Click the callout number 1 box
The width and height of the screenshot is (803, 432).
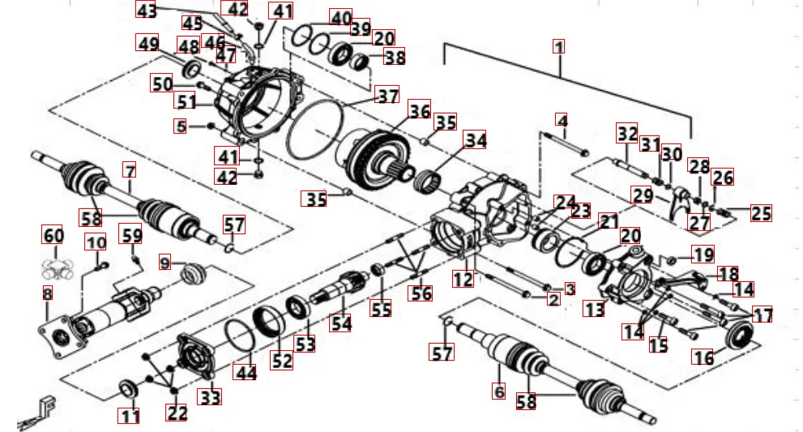558,46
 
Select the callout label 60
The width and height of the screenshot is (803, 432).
53,236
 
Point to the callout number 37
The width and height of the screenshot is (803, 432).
388,96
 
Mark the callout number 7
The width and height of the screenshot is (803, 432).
130,171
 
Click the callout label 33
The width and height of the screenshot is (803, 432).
211,397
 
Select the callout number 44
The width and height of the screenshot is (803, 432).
244,372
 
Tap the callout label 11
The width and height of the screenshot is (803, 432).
130,416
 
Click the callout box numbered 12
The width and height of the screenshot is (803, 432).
463,280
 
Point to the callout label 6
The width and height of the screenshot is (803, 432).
499,391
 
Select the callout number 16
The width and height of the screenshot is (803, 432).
702,357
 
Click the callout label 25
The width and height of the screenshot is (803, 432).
760,213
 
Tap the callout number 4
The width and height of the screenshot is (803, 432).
562,122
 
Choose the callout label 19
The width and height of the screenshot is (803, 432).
703,254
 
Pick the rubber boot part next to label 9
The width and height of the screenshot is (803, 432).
192,274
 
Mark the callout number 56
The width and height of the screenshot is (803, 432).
421,293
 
